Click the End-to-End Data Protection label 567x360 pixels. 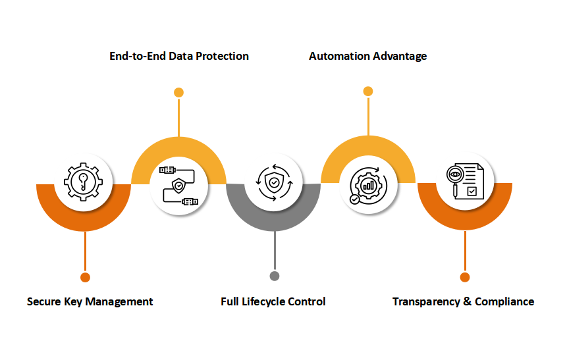179,56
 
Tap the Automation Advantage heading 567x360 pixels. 367,56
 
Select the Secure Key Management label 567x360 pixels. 90,301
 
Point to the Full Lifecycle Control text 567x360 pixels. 273,301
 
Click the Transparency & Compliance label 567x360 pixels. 463,301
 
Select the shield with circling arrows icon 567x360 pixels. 273,182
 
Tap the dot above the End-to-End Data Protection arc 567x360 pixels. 178,92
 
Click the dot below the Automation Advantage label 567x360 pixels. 367,91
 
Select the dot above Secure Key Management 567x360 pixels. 84,276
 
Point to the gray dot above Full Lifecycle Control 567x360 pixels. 274,276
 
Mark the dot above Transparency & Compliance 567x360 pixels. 465,276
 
